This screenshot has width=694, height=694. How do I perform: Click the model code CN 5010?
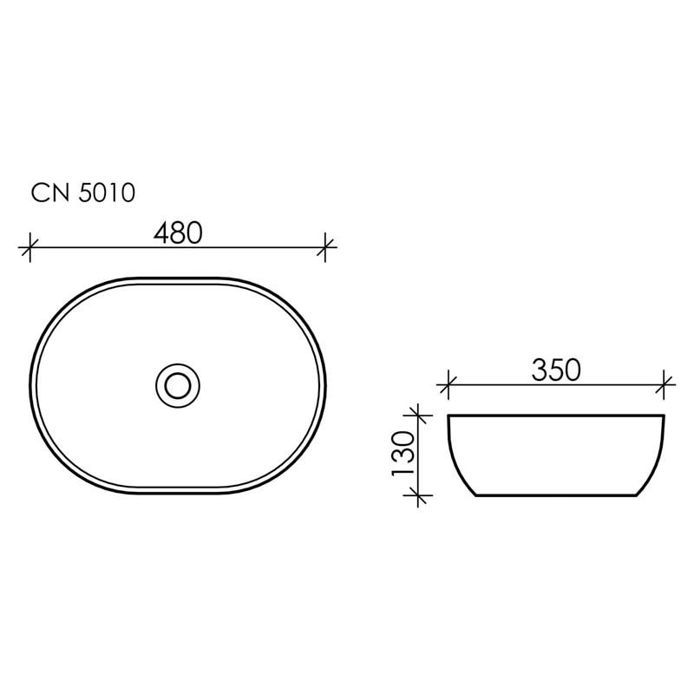[82, 192]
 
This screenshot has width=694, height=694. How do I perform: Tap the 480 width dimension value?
[178, 232]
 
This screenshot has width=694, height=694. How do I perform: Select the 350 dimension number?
[555, 370]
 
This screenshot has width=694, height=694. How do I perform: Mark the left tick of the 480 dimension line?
[30, 247]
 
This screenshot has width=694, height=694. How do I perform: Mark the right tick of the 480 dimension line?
[325, 247]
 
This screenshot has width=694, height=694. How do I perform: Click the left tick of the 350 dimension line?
[448, 383]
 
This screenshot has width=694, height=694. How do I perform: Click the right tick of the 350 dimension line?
[665, 383]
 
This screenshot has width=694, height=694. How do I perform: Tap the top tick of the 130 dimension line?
[418, 416]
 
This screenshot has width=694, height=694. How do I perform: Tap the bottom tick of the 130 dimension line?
[418, 496]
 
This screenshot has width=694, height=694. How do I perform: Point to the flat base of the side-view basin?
[556, 496]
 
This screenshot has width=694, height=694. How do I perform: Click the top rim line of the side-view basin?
[556, 416]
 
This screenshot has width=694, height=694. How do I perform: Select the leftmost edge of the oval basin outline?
[31, 386]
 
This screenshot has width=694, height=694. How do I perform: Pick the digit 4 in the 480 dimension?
[161, 232]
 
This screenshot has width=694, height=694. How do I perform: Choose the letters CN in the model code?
[49, 192]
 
